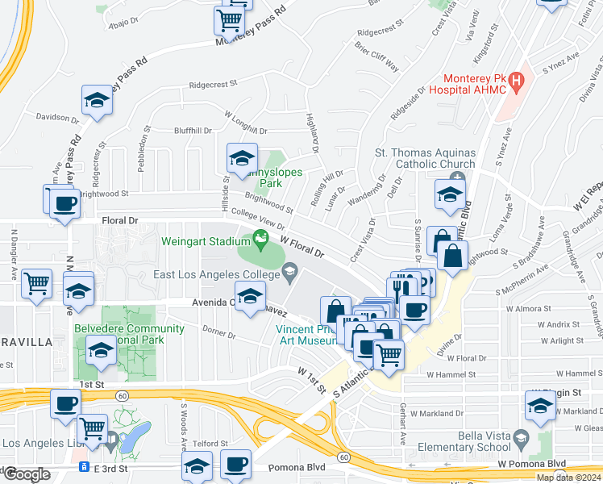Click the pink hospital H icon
(517, 81)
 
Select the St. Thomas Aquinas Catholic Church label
(425, 159)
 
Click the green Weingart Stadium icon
(260, 238)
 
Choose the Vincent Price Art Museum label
(306, 335)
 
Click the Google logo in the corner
(26, 474)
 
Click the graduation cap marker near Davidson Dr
(97, 101)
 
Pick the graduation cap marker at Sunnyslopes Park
(241, 159)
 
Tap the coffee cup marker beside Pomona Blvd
(236, 465)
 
